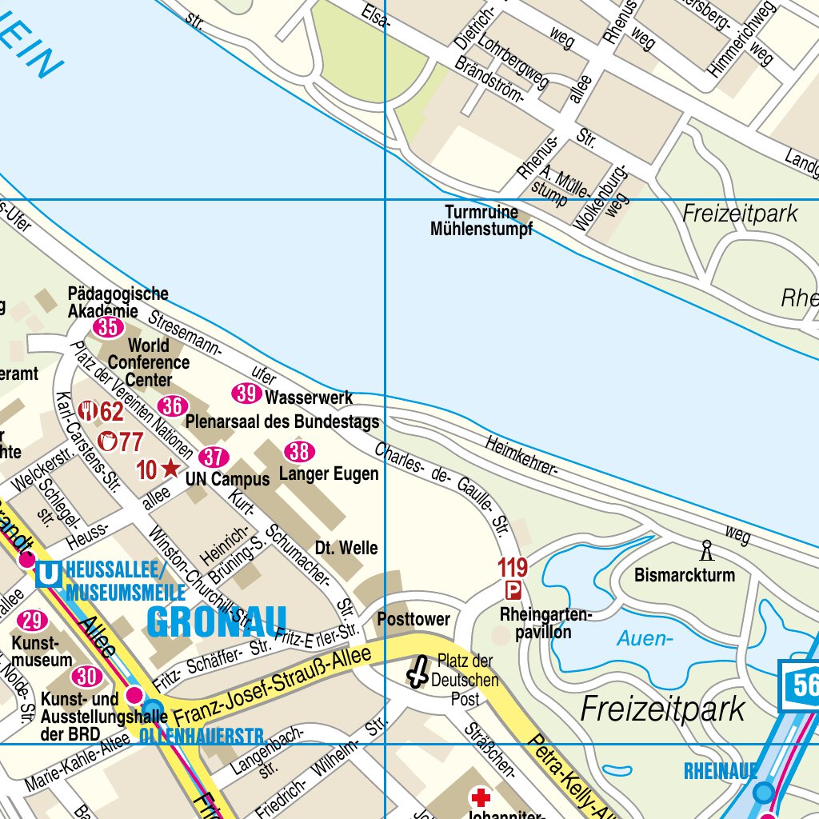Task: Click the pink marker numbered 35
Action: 108,326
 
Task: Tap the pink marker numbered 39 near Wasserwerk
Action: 246,394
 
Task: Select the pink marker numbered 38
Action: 299,451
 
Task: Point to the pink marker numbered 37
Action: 214,457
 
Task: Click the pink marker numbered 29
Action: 33,621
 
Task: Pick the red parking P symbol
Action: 513,591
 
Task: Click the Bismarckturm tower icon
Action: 706,550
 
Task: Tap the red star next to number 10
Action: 170,469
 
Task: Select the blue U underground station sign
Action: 50,573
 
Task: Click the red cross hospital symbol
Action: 481,797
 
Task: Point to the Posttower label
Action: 413,619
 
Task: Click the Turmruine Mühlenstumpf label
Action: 481,221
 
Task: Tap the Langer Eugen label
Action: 329,474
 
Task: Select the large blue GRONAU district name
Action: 217,622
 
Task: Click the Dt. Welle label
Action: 346,549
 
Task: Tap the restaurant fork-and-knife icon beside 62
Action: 87,412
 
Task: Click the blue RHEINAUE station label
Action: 720,771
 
